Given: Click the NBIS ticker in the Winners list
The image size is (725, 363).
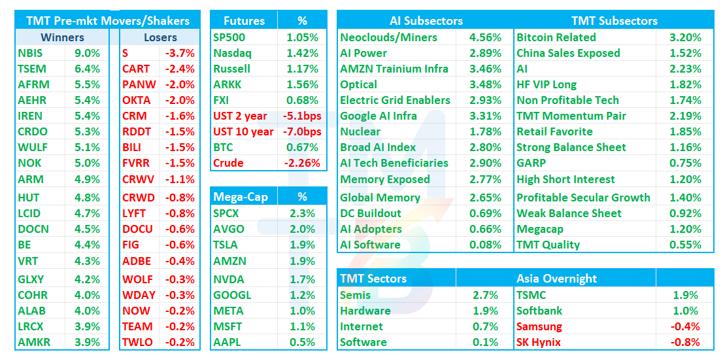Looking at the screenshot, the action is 30,53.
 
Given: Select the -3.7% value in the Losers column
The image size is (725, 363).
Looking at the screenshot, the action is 180,53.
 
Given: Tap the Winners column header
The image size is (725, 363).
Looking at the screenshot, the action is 62,37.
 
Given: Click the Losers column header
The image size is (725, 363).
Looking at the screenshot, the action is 160,37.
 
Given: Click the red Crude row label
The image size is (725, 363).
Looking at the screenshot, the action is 228,164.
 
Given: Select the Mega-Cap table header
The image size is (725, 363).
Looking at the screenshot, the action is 241,198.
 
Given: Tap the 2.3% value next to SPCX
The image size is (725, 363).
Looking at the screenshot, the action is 303,214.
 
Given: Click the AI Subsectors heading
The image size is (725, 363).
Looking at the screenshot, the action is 426,21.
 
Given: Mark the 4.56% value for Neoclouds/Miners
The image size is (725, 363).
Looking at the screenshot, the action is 485,37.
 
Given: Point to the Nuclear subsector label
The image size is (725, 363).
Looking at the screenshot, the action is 360,131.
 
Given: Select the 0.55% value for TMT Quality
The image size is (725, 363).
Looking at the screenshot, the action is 685,245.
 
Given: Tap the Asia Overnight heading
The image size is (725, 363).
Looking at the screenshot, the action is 557,279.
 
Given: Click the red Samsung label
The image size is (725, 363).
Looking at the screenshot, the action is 539,326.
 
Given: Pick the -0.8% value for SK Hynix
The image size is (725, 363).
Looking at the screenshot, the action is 685,342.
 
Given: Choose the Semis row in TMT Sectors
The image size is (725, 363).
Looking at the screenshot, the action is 355,295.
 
